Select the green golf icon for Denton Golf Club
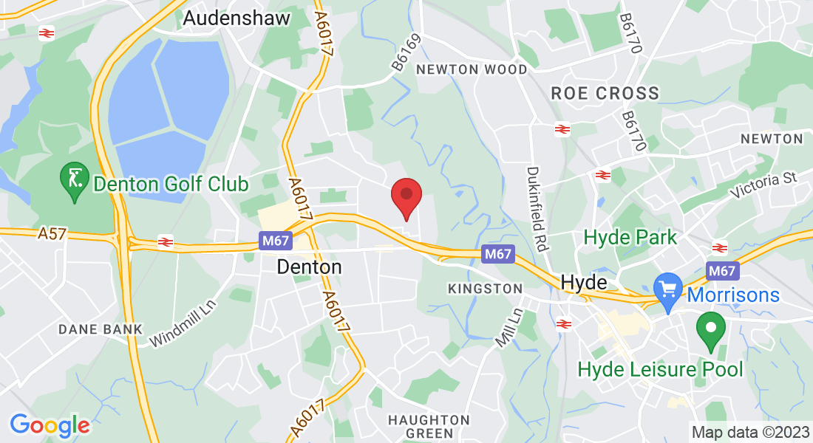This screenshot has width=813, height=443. (x=74, y=179)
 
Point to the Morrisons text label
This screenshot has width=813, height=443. (x=734, y=295)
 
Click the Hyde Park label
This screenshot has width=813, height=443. (x=630, y=238)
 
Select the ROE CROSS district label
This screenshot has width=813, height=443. (x=605, y=93)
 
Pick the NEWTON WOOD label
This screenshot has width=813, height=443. (x=472, y=69)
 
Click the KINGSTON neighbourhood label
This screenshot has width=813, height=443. (x=485, y=289)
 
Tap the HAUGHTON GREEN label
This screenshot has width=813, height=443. (x=429, y=426)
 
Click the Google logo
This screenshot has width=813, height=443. (x=50, y=425)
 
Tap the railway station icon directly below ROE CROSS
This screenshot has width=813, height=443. (x=562, y=129)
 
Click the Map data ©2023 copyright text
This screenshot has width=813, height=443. (x=749, y=432)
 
